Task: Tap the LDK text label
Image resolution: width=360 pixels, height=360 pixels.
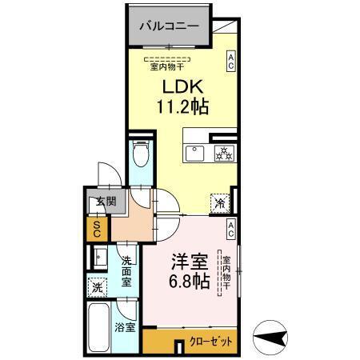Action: click(182, 87)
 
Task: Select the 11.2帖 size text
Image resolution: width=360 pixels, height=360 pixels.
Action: click(182, 107)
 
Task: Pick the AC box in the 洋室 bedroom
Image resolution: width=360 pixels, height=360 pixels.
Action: click(230, 230)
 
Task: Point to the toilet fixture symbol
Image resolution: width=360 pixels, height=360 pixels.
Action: click(140, 154)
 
